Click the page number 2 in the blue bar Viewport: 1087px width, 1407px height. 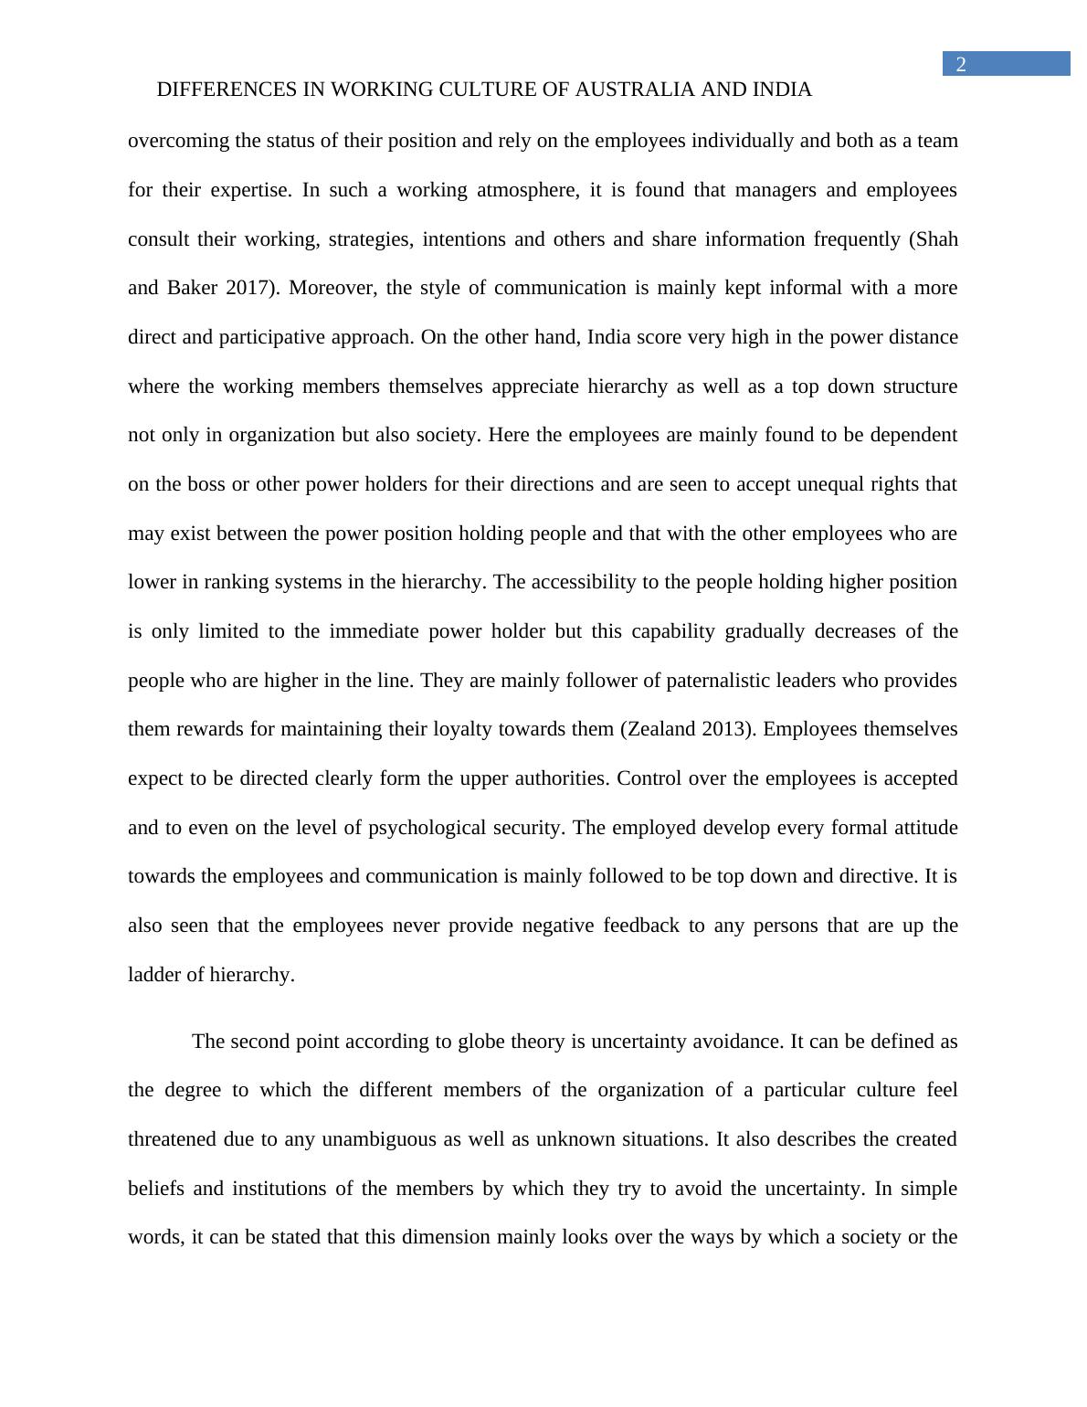click(x=961, y=64)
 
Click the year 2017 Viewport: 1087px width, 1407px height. click(x=251, y=288)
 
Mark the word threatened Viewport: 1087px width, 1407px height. click(x=173, y=1139)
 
